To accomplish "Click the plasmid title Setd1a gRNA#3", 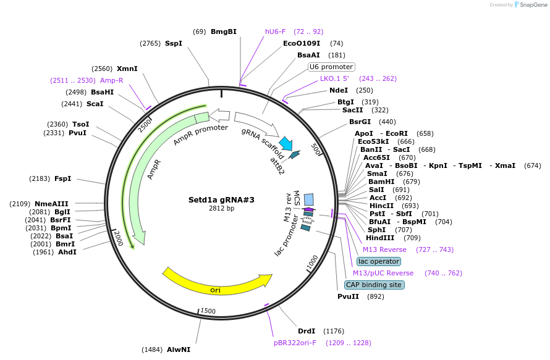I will [221, 199].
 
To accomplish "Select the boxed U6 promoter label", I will [331, 67].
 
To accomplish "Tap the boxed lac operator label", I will [378, 261].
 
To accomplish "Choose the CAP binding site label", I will [374, 285].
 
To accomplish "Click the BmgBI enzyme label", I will [223, 31].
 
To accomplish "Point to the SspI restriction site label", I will [173, 43].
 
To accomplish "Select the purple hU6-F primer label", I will [275, 31].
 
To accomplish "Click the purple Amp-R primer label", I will [112, 80].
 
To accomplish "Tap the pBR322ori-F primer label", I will [295, 343].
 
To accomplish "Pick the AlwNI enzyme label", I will [179, 350].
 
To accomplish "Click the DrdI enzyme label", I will [307, 331].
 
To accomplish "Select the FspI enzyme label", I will [62, 178].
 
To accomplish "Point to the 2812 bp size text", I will [221, 209].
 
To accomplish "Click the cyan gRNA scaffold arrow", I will [286, 143].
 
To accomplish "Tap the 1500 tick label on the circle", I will [208, 311].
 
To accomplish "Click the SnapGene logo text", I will [532, 5].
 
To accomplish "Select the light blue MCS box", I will [308, 199].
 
